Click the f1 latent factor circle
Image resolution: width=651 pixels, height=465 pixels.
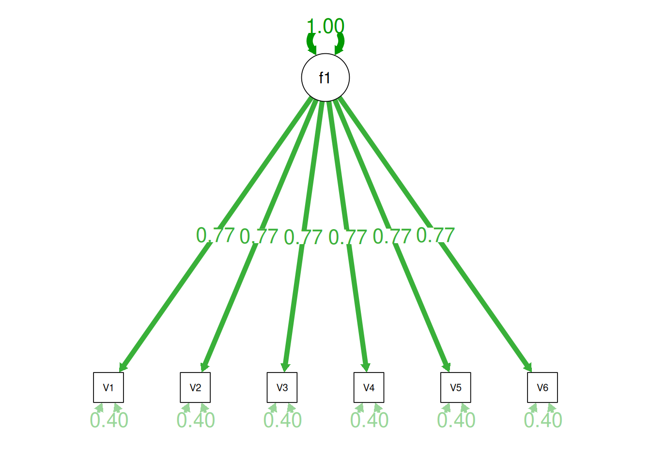[325, 77]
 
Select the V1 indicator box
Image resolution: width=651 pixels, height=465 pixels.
[108, 387]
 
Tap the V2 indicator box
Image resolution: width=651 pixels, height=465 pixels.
[195, 387]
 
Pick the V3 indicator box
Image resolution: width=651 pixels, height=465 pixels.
[282, 387]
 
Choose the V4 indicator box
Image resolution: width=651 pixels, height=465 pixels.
[369, 387]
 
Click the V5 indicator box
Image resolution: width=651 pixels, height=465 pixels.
[456, 387]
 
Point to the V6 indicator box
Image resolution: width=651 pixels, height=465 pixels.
[542, 387]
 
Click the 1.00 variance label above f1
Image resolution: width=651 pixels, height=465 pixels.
[325, 27]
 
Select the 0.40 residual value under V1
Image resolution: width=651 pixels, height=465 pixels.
[109, 420]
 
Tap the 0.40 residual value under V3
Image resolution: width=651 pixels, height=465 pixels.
[282, 420]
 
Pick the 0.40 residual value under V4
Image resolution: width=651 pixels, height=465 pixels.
[370, 420]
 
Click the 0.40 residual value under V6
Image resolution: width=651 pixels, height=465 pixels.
[543, 420]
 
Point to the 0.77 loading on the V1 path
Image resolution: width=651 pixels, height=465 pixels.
[216, 235]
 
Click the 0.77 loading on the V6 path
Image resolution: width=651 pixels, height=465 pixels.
[435, 235]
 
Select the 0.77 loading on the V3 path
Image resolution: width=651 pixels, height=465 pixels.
[303, 237]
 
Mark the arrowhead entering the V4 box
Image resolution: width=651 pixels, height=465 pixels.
[366, 368]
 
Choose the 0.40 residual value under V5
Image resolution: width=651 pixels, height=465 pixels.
[456, 420]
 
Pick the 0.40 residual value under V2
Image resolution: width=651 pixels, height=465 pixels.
[196, 420]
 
